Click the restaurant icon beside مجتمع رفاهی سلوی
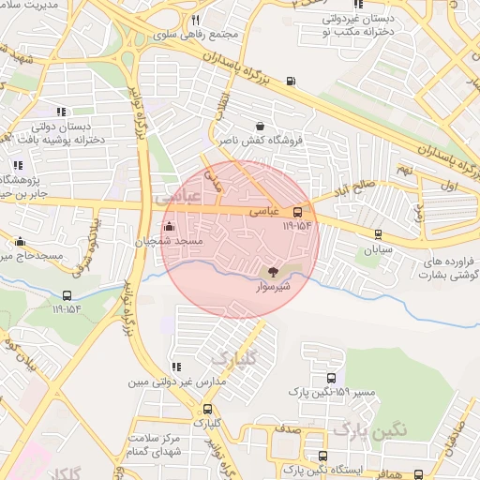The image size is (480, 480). click(x=195, y=20)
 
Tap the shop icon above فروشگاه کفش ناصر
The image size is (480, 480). click(x=260, y=126)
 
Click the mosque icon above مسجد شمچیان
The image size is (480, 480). click(x=169, y=227)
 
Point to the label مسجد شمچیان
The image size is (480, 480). click(x=168, y=242)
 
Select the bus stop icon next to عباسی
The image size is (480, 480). click(x=298, y=211)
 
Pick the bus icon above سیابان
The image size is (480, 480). click(x=378, y=235)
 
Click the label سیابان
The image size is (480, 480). click(x=379, y=250)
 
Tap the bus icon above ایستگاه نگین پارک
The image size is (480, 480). click(x=322, y=456)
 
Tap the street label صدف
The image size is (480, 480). click(x=287, y=427)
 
